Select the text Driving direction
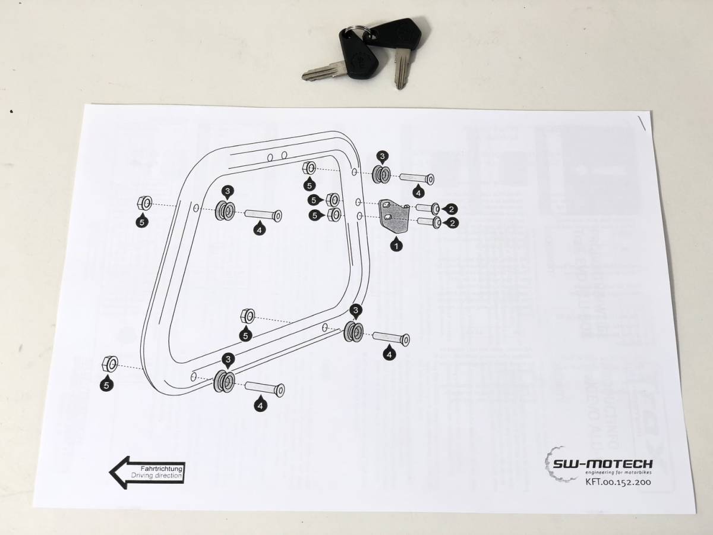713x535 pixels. pyautogui.click(x=157, y=476)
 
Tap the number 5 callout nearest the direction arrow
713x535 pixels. pyautogui.click(x=106, y=385)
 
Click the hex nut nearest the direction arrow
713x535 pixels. pyautogui.click(x=111, y=363)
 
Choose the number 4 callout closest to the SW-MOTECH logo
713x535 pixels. pyautogui.click(x=389, y=354)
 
